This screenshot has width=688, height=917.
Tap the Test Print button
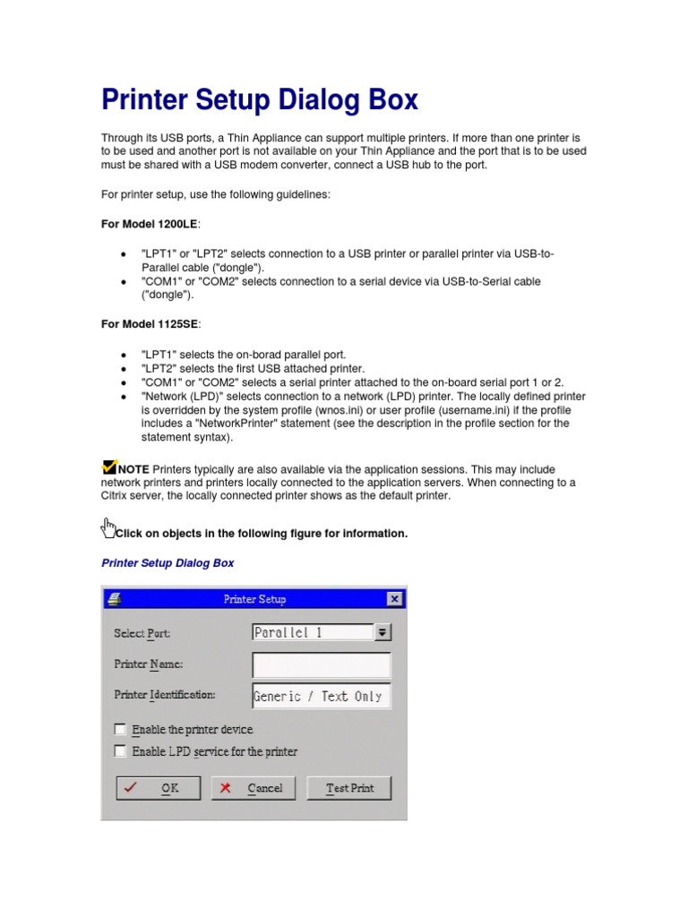click(349, 788)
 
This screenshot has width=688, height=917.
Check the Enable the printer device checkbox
click(120, 730)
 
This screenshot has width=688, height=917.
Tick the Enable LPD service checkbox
click(120, 751)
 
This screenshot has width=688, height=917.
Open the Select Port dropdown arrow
click(383, 632)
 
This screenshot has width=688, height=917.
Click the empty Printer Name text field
click(322, 665)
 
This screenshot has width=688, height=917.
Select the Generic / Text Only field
click(322, 696)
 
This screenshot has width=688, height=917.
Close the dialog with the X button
click(394, 599)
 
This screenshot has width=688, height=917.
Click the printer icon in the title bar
click(114, 599)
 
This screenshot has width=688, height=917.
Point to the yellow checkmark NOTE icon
click(110, 467)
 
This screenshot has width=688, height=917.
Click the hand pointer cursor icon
click(108, 527)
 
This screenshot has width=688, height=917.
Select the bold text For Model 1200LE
click(150, 223)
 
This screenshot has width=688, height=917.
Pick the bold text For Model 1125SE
click(150, 323)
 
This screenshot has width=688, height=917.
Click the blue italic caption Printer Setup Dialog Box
click(168, 563)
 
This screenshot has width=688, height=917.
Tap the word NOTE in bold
click(133, 469)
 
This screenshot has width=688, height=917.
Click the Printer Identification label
click(165, 694)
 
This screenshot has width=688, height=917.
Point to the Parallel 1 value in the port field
click(288, 632)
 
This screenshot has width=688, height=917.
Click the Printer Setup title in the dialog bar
click(254, 599)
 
